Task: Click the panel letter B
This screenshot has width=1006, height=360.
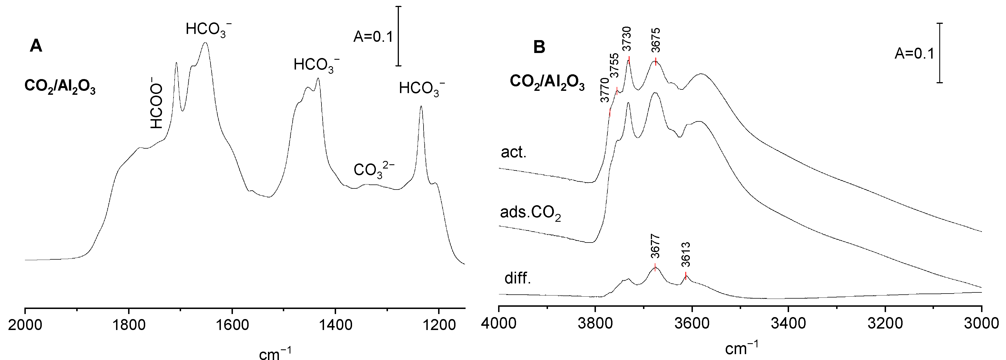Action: coord(539,48)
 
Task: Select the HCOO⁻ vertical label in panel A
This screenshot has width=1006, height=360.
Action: coord(157,106)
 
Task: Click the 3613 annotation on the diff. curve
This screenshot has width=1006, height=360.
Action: coord(686,255)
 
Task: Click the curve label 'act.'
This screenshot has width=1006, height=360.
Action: coord(514,153)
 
